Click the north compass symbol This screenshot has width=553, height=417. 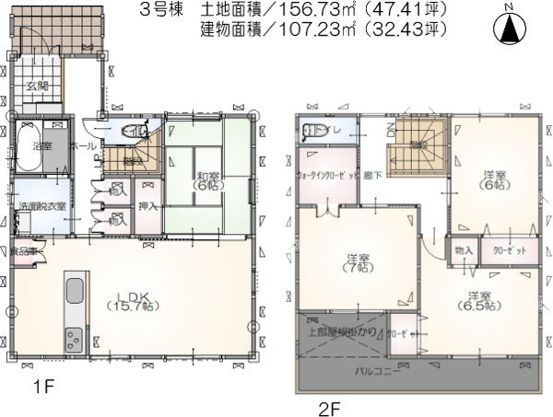click(508, 28)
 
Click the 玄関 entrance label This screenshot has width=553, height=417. click(38, 86)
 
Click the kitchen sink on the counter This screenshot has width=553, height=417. click(75, 295)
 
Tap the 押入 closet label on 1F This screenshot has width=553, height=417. click(147, 205)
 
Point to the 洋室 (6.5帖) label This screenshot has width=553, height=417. click(478, 303)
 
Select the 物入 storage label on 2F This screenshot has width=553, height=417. click(463, 250)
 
